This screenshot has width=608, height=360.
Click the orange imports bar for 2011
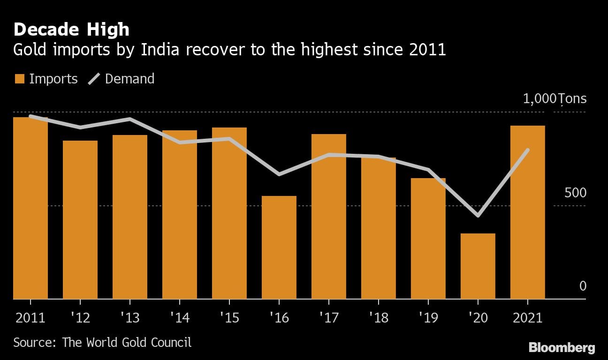point(30,208)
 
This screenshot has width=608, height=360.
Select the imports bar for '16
point(279,247)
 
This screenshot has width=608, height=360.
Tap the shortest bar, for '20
point(478,266)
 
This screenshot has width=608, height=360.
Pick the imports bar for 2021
point(528,212)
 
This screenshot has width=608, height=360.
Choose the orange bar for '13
point(130,217)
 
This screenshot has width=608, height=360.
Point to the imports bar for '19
point(428,239)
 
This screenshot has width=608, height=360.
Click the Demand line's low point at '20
point(478,216)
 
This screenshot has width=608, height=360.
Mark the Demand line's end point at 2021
point(528,150)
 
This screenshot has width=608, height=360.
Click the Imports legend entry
point(46,79)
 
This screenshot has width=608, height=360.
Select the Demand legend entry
point(122,79)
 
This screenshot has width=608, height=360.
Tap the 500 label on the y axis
point(575,193)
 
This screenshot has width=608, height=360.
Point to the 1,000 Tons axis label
point(555,99)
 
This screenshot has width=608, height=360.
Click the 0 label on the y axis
point(583,286)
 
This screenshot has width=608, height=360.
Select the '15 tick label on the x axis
point(229,318)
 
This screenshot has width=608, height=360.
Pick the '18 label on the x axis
point(379,318)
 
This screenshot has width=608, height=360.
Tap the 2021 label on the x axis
point(528,318)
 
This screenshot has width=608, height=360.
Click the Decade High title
point(71,30)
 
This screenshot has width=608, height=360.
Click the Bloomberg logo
point(562,348)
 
